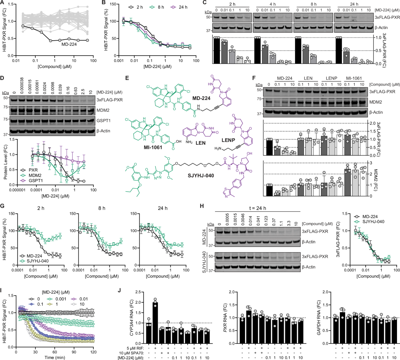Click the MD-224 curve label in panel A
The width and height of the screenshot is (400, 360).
69,44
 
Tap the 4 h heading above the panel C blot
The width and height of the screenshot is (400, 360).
273,4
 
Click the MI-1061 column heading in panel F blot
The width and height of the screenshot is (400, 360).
354,78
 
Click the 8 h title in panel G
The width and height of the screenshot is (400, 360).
102,208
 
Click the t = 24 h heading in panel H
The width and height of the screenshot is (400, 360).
258,208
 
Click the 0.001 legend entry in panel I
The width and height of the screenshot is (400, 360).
60,299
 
